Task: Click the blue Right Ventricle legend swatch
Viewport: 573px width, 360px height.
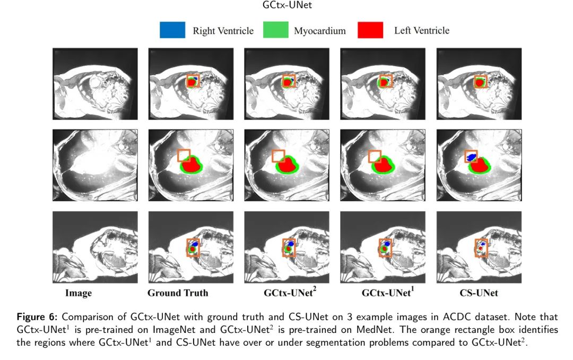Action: click(172, 30)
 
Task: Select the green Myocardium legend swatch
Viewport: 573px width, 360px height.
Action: click(275, 30)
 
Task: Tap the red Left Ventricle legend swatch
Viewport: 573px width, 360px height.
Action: click(370, 30)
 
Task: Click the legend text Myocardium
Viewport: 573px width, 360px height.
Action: click(319, 31)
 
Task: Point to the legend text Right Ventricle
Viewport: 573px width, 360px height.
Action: click(223, 31)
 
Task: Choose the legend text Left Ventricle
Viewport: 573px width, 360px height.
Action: click(421, 30)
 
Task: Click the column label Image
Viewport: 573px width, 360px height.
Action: click(79, 293)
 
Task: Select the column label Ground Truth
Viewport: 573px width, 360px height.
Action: click(178, 293)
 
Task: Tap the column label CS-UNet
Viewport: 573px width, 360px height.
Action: click(479, 293)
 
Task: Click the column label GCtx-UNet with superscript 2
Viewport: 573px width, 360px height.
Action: click(286, 292)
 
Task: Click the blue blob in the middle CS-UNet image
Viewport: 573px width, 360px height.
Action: click(471, 156)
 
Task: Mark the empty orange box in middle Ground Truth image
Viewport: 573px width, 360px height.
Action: click(184, 155)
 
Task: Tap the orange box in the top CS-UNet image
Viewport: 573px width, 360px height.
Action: click(480, 81)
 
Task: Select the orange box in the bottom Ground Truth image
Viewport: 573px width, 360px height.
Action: click(193, 247)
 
